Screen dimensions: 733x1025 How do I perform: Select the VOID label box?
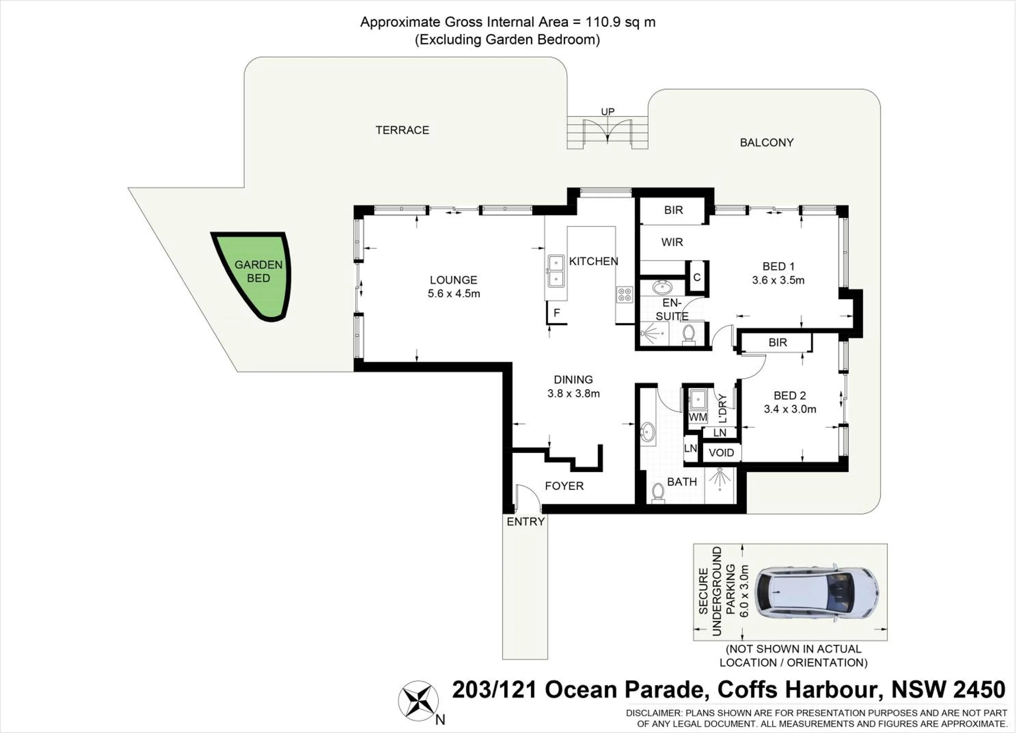(721, 453)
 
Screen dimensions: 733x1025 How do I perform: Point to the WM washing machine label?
(698, 417)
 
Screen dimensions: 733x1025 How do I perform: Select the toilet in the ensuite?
(688, 334)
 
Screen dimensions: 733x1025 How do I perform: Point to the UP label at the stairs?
(607, 111)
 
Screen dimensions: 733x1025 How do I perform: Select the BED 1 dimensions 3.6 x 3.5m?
(778, 280)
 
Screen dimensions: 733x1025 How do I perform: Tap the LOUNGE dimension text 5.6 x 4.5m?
(453, 294)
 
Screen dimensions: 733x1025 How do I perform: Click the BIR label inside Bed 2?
(778, 343)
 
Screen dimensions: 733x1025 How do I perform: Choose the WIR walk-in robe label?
(672, 243)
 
